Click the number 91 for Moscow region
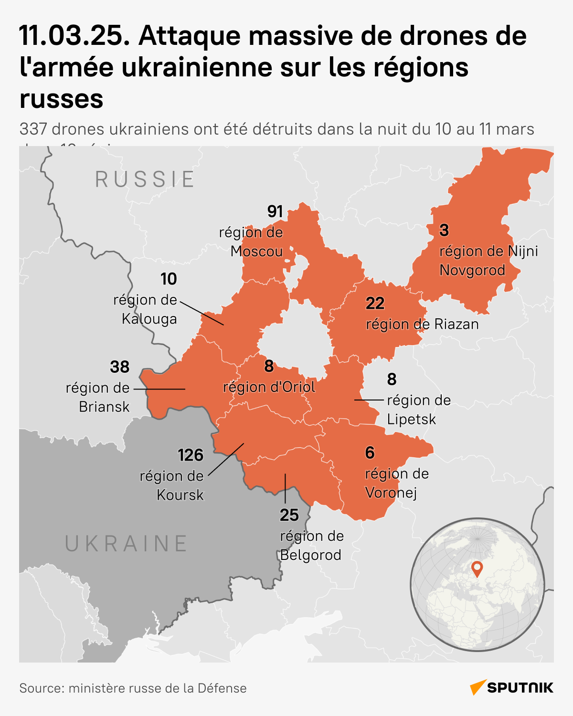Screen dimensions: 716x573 (x=275, y=211)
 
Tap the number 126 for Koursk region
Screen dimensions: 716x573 (x=191, y=455)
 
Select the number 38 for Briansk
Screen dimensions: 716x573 (x=119, y=367)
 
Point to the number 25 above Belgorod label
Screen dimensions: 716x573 (x=289, y=516)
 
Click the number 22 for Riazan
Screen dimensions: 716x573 (x=375, y=304)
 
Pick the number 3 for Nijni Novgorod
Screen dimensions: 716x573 (x=444, y=231)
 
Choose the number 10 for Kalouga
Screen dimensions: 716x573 (x=169, y=279)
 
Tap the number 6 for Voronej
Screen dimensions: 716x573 (x=370, y=453)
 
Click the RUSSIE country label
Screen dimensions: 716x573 (x=145, y=179)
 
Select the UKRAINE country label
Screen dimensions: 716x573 (x=127, y=544)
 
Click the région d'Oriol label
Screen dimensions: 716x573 (x=269, y=387)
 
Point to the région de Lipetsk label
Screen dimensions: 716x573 (x=419, y=410)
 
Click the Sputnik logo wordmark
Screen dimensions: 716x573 (x=520, y=688)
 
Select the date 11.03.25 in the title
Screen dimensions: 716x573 (x=74, y=36)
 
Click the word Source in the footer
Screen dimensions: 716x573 (x=41, y=688)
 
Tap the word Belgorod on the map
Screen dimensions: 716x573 (x=311, y=555)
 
